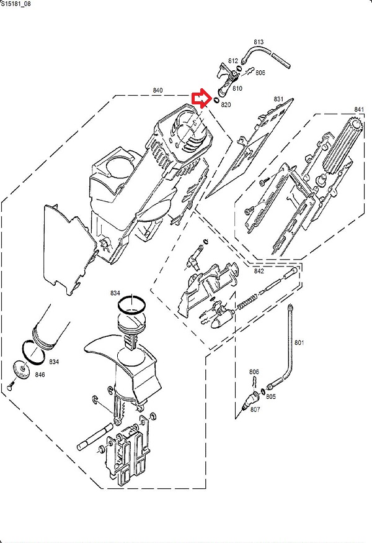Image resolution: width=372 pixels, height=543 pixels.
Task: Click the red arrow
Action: pyautogui.click(x=200, y=98)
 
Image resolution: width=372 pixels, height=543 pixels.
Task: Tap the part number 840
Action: pyautogui.click(x=157, y=91)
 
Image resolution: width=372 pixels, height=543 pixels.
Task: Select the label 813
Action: pyautogui.click(x=259, y=43)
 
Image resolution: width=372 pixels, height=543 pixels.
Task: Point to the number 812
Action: pyautogui.click(x=233, y=61)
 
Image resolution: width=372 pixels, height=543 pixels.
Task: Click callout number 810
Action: pyautogui.click(x=237, y=88)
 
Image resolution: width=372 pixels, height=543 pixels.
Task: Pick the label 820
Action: pyautogui.click(x=226, y=104)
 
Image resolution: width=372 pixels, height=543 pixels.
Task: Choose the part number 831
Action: pyautogui.click(x=278, y=99)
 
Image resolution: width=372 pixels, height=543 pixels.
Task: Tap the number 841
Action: pyautogui.click(x=358, y=110)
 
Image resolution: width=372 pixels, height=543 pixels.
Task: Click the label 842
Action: pyautogui.click(x=259, y=271)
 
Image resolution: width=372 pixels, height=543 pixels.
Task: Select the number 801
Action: pyautogui.click(x=299, y=342)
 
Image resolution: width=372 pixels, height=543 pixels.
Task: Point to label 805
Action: pyautogui.click(x=271, y=396)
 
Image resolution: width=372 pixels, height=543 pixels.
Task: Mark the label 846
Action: pyautogui.click(x=40, y=375)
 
